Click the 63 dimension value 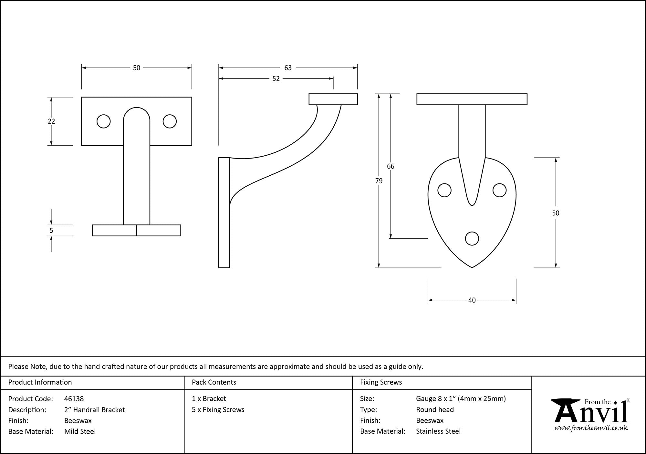click(x=288, y=68)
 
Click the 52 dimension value click(x=276, y=79)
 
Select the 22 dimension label click(x=51, y=121)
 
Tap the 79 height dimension click(x=379, y=181)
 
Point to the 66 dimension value click(x=391, y=166)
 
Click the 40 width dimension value click(x=472, y=300)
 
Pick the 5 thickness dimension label click(x=51, y=231)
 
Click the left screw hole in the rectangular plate click(x=104, y=121)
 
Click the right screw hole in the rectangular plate click(x=170, y=121)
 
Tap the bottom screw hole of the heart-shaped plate click(x=472, y=239)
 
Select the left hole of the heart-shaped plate click(x=444, y=191)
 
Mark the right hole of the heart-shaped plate click(x=499, y=191)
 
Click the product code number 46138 click(x=74, y=399)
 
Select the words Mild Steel click(x=80, y=431)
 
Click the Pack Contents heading click(x=214, y=382)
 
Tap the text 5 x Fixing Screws click(x=218, y=410)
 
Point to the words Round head click(x=435, y=410)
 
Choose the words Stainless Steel click(x=438, y=431)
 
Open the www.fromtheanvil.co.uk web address click(x=591, y=428)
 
